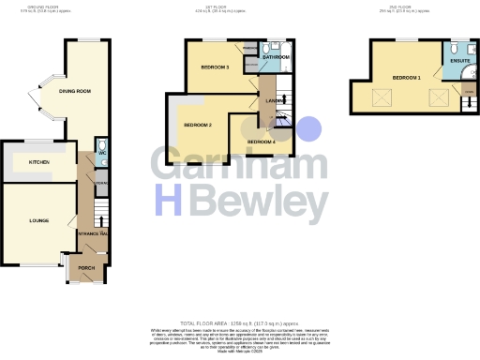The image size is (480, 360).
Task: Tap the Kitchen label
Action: coord(38,163)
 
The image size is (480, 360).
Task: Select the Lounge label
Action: coord(38,220)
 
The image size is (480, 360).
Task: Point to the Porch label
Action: coord(85,267)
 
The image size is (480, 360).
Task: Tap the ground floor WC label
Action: coord(101,153)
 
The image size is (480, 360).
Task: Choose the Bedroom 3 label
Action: coord(215,67)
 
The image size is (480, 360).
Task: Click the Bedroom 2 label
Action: coord(197,125)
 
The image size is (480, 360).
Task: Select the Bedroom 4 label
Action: coord(262,142)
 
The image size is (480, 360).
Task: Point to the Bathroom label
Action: coord(276,57)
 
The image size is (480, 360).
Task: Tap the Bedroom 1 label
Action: coord(406,77)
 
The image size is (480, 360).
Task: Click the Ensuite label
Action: coord(459,61)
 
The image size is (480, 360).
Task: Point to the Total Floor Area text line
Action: coord(239,322)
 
